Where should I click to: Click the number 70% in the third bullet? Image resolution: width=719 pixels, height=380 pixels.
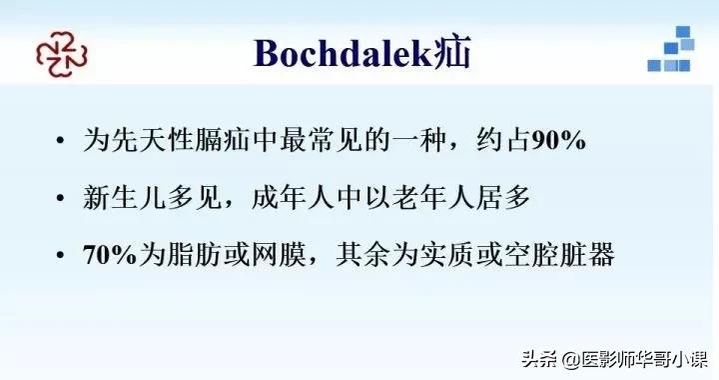112,255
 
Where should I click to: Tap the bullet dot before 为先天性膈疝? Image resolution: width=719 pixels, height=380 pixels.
64,141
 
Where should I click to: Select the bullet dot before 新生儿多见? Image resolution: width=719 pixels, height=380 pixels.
64,198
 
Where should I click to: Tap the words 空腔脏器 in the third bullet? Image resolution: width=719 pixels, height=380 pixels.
560,255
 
